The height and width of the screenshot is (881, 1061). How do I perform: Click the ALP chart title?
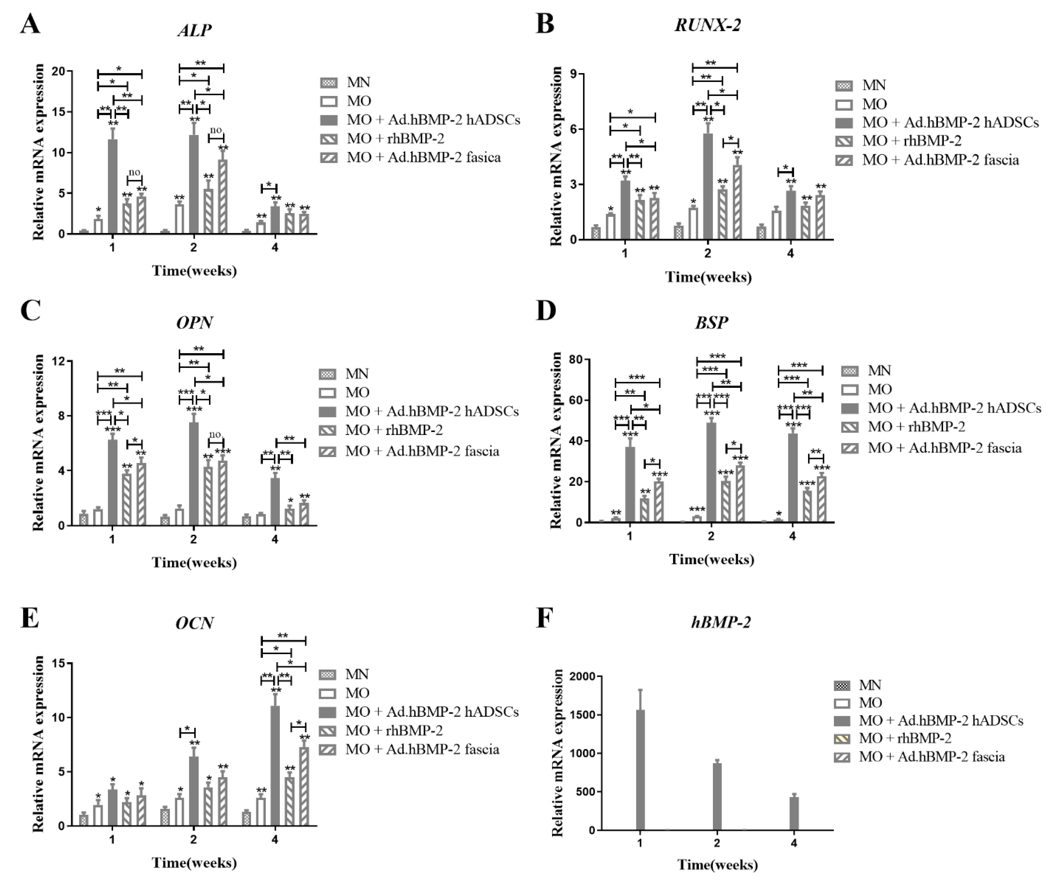point(194,30)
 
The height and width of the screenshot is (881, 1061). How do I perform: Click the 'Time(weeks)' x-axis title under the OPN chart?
point(194,562)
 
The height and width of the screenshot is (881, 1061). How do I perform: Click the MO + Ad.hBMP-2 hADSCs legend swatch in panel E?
point(328,712)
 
